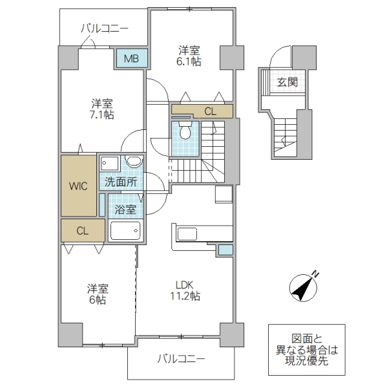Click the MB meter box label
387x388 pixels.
click(131, 59)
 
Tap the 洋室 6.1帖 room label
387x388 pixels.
click(190, 55)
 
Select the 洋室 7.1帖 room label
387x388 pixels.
click(102, 109)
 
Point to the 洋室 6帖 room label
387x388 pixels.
click(99, 294)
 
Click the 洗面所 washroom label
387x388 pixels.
click(121, 182)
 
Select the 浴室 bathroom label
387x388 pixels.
click(125, 210)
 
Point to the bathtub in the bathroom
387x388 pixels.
click(125, 231)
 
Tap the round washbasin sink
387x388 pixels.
click(134, 162)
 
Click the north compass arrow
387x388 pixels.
click(304, 285)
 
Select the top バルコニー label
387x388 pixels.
click(104, 28)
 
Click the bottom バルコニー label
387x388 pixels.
click(181, 358)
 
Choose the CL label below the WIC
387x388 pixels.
click(82, 230)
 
